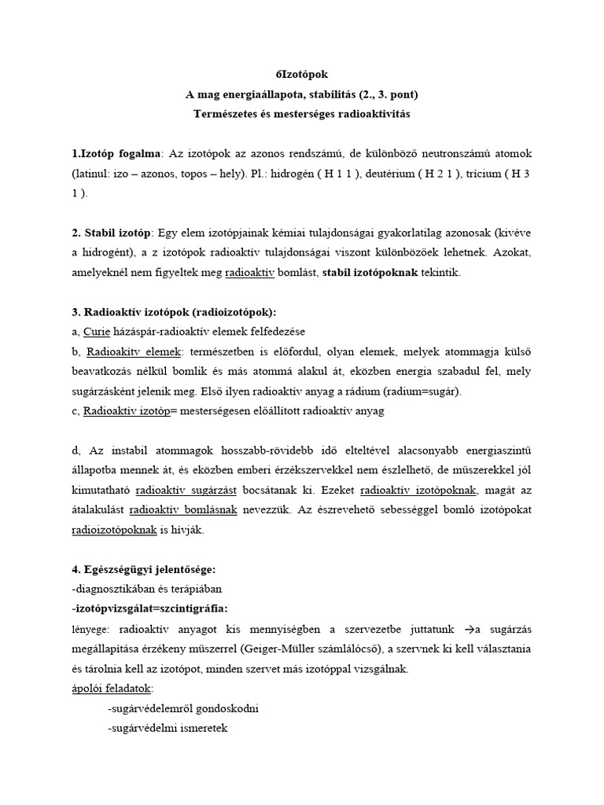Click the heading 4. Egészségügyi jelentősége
tap(138, 568)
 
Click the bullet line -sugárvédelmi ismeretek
tap(167, 729)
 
